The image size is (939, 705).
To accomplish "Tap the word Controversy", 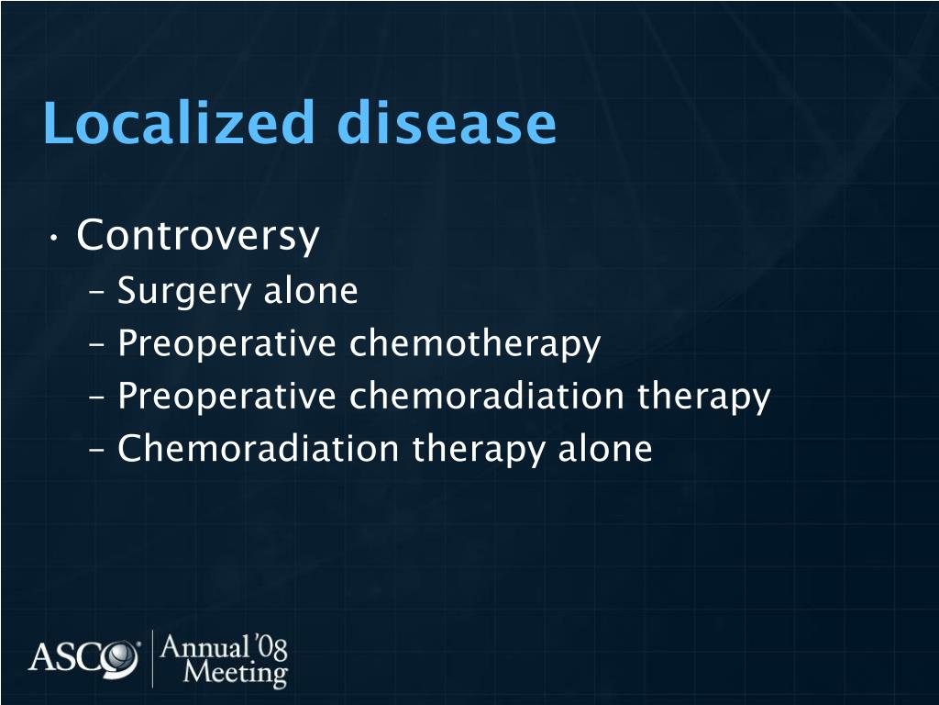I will point(198,237).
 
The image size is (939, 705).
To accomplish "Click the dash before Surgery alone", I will point(98,294).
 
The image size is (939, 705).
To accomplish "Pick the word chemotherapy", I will point(474,344).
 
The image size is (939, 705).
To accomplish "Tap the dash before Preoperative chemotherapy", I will point(98,347).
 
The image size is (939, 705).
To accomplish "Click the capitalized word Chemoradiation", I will point(259,450).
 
